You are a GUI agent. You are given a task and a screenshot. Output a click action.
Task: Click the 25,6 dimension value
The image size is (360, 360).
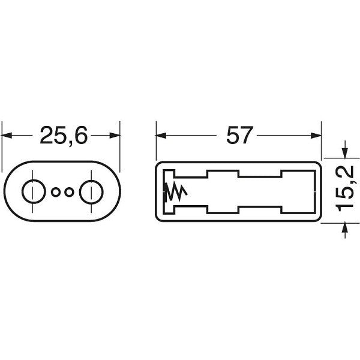64,136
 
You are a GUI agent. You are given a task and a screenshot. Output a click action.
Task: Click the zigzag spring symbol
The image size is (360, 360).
176,192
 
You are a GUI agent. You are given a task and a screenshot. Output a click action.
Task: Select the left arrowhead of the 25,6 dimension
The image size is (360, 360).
7,135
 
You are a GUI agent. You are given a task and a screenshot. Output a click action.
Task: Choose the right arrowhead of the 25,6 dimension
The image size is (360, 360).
115,135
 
